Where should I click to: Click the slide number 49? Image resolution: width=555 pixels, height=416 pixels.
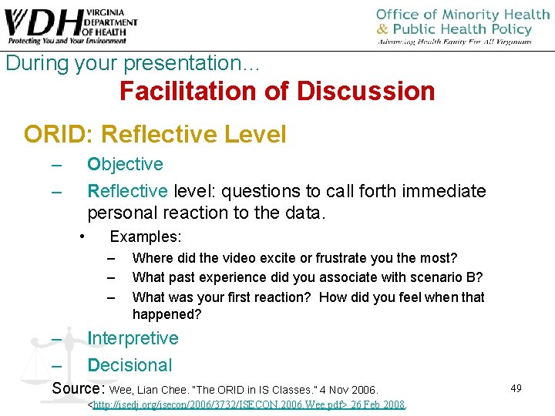516,388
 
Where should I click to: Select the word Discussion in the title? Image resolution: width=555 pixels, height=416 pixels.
365,91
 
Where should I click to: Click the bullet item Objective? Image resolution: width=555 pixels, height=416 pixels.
125,164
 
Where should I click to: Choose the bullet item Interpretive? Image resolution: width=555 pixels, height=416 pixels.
133,338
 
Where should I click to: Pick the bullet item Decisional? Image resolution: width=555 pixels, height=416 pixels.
129,365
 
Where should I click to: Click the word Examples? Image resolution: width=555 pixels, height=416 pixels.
146,237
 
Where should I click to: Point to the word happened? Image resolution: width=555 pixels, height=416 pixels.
166,314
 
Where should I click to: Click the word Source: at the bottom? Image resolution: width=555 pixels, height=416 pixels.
79,387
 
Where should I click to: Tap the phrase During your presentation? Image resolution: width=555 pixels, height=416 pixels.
133,63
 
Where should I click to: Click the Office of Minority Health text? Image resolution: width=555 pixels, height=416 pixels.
462,15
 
